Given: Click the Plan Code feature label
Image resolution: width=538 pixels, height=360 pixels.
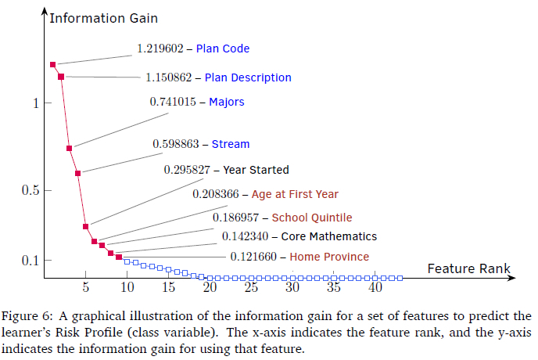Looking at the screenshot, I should [x=223, y=49].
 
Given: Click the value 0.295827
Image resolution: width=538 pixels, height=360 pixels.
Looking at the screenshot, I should [x=188, y=170].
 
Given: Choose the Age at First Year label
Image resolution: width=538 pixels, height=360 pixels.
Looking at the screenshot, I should [x=295, y=194].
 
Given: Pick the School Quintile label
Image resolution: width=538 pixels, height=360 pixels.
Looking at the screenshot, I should [x=312, y=218].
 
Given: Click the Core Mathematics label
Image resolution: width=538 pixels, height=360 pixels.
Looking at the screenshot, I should [x=328, y=236].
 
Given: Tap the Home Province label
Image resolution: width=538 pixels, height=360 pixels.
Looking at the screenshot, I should [x=329, y=257].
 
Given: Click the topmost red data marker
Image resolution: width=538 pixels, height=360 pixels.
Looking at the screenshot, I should [x=52, y=64].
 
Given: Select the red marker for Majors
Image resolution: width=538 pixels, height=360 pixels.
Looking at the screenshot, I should [x=69, y=148].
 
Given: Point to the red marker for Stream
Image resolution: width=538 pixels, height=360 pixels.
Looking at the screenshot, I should [x=77, y=173].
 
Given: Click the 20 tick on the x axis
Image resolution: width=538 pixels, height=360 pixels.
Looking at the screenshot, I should [x=210, y=288].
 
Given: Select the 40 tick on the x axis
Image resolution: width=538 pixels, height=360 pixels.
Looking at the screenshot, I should [x=376, y=288].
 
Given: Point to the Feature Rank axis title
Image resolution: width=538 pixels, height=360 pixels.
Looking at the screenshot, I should [x=468, y=268].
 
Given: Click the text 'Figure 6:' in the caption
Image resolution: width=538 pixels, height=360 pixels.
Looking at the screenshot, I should [x=27, y=316].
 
